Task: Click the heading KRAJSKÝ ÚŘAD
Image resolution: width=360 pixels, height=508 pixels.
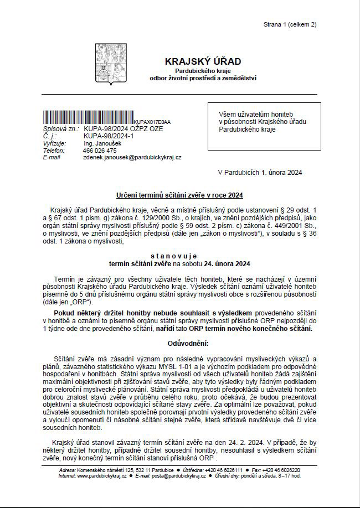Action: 203,61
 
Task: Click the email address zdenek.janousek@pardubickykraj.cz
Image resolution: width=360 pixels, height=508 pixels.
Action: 132,158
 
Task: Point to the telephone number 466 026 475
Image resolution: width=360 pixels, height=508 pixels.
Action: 100,151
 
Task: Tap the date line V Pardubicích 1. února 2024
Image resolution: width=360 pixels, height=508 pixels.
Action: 260,173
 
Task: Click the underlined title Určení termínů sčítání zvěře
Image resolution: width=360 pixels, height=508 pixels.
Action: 179,195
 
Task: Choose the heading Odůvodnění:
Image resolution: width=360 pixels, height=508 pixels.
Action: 179,343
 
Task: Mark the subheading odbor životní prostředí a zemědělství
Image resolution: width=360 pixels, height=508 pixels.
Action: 203,79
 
